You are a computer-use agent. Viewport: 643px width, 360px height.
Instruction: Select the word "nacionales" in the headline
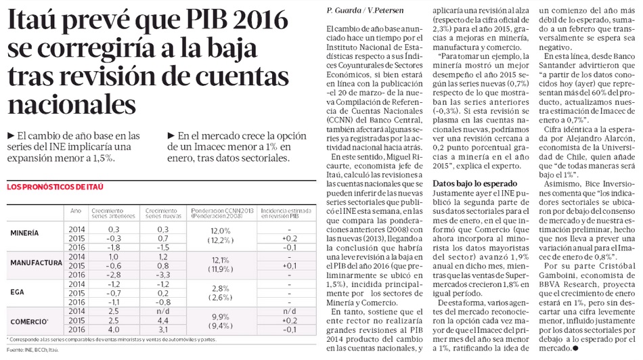click(71, 104)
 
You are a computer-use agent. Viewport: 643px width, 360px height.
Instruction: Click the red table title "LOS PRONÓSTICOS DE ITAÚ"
click(54, 186)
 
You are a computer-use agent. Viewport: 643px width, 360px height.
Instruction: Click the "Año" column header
click(76, 210)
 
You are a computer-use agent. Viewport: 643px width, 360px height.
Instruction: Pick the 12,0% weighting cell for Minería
click(222, 230)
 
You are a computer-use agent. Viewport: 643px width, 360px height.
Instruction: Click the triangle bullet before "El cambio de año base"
click(8, 135)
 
